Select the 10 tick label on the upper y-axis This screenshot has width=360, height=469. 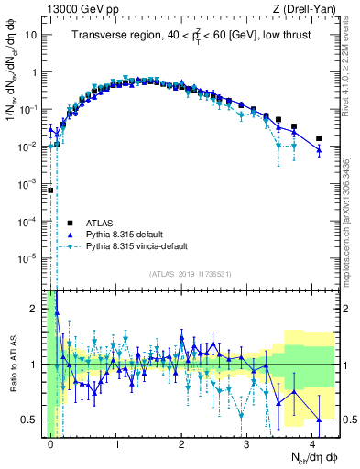tap(31, 35)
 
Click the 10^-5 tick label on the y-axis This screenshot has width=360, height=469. tap(28, 258)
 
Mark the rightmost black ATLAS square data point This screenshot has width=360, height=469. tap(318, 138)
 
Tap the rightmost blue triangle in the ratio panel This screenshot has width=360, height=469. tap(318, 420)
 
